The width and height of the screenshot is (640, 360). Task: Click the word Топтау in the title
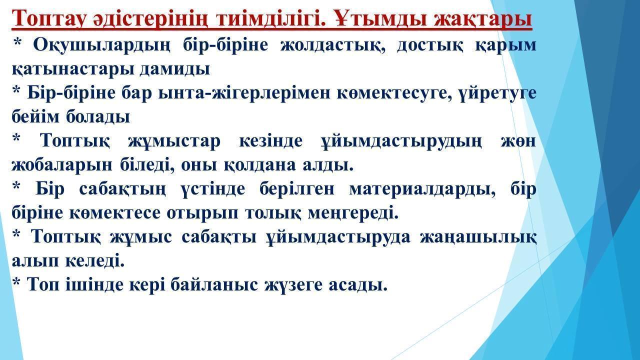49,18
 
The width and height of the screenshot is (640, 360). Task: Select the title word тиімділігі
271,18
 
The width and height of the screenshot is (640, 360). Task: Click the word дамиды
175,69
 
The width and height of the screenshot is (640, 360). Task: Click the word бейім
35,116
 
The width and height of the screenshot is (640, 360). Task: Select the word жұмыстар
174,141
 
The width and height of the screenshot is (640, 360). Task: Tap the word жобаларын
62,165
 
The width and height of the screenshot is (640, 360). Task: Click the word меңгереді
353,213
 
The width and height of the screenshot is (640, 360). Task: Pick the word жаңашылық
478,237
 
